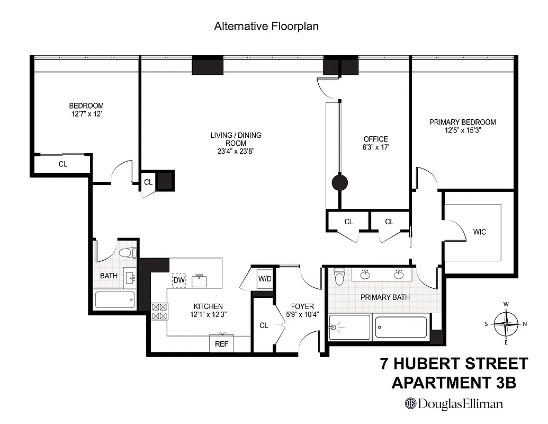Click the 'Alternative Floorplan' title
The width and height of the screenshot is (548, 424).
(x=266, y=26)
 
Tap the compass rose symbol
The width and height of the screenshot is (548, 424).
(x=506, y=323)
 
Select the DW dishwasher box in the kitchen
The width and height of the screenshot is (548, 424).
(x=178, y=280)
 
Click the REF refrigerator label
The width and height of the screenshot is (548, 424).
(x=221, y=344)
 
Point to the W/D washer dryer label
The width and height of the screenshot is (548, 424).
(x=265, y=278)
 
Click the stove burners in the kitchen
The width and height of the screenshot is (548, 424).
(x=159, y=311)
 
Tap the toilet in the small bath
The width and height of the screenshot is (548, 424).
(x=128, y=253)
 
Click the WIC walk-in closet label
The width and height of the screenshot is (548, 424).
(x=479, y=232)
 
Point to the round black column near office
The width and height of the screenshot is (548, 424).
(x=339, y=183)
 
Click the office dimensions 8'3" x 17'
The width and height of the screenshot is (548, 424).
(x=375, y=148)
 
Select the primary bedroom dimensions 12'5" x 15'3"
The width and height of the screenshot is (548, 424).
(x=462, y=130)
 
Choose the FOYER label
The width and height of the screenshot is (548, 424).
(x=302, y=306)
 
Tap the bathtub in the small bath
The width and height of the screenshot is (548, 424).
(x=115, y=301)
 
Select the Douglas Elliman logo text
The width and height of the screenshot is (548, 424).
(x=454, y=404)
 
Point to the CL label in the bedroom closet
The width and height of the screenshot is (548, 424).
(x=62, y=164)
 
